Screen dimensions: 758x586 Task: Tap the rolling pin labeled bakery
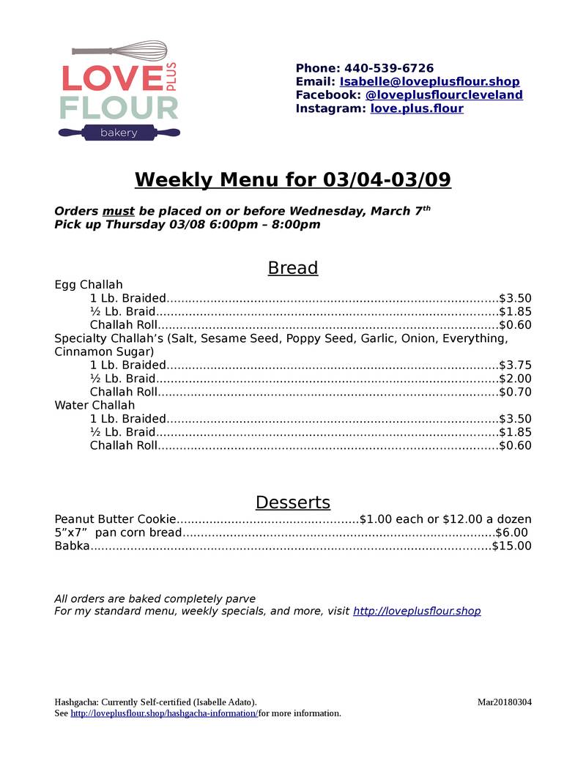pos(119,133)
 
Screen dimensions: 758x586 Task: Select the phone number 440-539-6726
pos(388,68)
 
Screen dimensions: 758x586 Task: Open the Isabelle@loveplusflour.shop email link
pos(429,82)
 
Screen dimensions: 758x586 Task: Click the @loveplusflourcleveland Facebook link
pos(444,95)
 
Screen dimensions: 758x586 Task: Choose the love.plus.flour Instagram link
pos(417,108)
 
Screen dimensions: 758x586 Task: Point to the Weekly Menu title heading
pos(293,179)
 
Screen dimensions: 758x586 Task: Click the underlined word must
pos(118,211)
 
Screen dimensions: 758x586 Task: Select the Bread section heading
pos(293,268)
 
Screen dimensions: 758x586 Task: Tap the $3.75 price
pos(515,365)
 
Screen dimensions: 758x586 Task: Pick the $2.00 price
pos(515,379)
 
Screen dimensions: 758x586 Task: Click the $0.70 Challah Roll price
pos(515,392)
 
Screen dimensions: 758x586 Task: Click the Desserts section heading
pos(293,502)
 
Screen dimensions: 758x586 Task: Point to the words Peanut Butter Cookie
pos(116,519)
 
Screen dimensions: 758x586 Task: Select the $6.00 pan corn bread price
pos(511,532)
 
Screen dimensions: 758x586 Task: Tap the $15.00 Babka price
pos(512,546)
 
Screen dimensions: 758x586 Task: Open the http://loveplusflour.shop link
pos(417,611)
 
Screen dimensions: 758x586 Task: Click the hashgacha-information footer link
pos(164,713)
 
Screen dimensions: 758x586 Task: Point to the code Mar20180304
pos(505,702)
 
